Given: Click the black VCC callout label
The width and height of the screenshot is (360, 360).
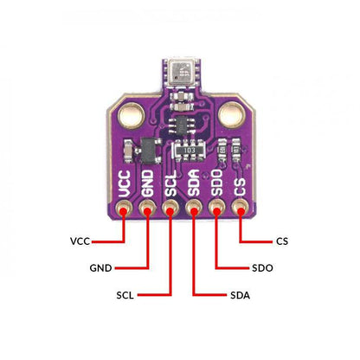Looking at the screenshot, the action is (80, 241).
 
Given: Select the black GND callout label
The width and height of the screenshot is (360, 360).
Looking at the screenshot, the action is (100, 268).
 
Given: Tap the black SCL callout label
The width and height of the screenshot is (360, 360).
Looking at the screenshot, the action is (125, 295).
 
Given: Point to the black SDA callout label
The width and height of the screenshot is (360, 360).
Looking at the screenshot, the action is (241, 295).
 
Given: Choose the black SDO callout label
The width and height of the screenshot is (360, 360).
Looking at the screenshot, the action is (262, 268).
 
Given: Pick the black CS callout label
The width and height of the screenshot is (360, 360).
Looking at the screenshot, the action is (282, 241).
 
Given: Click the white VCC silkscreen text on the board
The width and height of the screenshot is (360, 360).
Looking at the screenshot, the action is (125, 183).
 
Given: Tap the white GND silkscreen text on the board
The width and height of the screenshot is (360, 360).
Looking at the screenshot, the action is (147, 183).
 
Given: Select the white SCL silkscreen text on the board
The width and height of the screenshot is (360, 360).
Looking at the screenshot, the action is (170, 183).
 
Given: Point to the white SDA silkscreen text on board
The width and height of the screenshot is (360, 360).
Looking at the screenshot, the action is (194, 183).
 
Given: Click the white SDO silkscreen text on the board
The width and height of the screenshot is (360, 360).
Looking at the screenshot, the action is (216, 183).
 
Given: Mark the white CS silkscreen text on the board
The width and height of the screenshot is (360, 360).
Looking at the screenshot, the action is (240, 187).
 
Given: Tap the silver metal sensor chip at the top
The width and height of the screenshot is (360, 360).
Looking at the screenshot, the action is (181, 73).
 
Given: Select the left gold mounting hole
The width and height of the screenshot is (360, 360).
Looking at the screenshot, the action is (132, 115).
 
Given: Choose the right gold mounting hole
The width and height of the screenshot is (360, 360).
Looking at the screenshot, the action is (232, 115).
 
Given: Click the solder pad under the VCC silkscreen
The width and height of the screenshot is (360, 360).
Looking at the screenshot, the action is (124, 209).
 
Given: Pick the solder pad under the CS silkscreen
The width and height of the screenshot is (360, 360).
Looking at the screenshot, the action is (240, 209).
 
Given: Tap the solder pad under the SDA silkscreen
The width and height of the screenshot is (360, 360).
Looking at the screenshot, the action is (194, 209).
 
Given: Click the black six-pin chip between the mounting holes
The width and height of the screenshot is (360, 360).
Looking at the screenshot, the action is (182, 125).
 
